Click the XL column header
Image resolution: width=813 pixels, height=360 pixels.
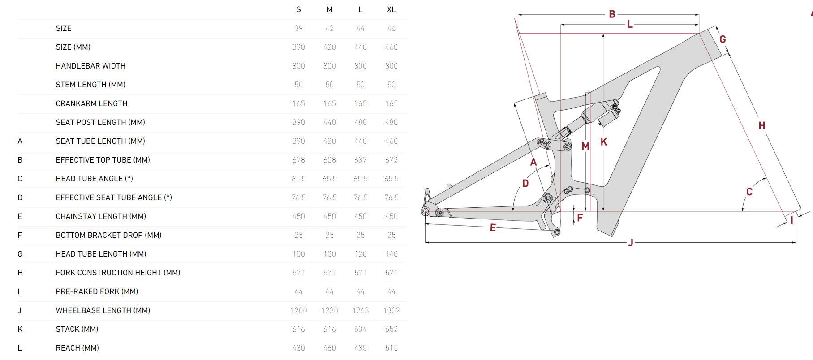tap(391, 9)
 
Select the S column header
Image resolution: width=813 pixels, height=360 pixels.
tap(299, 9)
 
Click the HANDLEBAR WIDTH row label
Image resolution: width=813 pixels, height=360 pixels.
tap(90, 66)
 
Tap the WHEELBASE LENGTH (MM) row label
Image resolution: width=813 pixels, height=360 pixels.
tap(103, 310)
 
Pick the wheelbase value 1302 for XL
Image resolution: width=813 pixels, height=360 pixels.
tap(391, 310)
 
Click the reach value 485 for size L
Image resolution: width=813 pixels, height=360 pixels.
tap(360, 348)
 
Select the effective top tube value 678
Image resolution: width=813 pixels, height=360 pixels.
tap(299, 160)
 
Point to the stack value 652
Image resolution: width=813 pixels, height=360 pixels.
tap(391, 329)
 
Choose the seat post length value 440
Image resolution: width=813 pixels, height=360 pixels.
tap(329, 122)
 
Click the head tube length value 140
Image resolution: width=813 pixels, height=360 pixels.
tap(391, 254)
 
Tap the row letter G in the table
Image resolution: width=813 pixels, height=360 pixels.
tap(20, 254)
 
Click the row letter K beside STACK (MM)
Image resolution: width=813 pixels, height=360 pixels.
tap(20, 329)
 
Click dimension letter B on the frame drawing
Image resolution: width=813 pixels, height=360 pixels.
tap(612, 14)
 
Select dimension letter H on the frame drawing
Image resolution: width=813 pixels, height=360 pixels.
tap(761, 126)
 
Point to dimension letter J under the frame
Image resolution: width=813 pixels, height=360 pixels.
tap(631, 243)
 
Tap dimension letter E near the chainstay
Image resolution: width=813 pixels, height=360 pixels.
tap(493, 228)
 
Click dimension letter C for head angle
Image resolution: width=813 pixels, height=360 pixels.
tap(749, 192)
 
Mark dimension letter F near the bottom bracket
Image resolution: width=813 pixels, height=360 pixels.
tap(580, 218)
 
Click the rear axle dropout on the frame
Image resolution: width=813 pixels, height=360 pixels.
tap(426, 211)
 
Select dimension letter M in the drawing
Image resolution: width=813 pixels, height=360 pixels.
tap(585, 146)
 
